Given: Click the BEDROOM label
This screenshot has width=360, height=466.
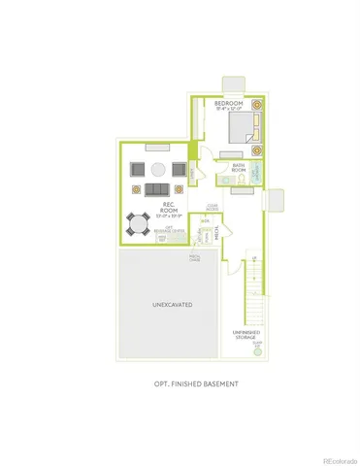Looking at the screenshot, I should tap(229, 102).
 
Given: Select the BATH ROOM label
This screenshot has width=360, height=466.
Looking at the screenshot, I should tap(238, 168).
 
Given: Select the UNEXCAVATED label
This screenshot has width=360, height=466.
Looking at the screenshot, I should tap(172, 305).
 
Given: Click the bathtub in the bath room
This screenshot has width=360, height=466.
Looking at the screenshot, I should tap(257, 174).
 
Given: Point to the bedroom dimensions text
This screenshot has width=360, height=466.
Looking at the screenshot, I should tap(229, 109).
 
